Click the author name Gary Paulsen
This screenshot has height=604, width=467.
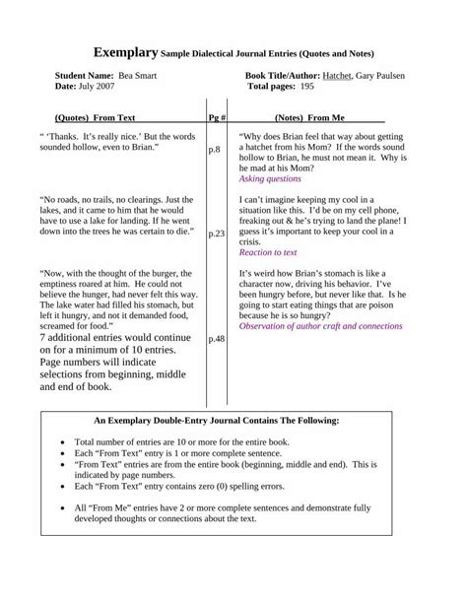392,75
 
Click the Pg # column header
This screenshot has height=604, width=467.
218,115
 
